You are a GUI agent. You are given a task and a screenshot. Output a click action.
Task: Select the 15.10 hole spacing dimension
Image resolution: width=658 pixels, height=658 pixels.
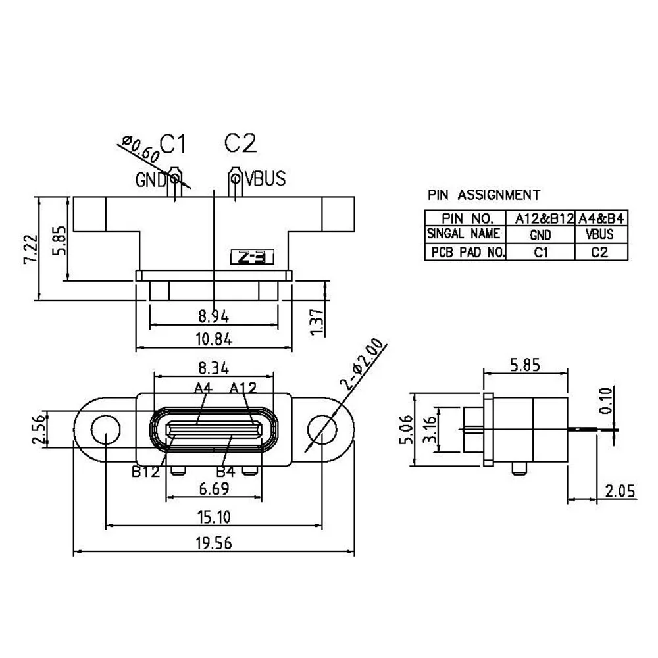click(212, 517)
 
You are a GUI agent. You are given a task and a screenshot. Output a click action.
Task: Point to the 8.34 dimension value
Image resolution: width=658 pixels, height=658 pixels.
click(211, 366)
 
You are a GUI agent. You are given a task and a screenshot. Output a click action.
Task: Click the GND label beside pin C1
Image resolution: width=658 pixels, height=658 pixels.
click(151, 179)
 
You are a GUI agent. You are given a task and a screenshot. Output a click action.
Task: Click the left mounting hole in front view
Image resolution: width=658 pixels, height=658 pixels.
click(104, 429)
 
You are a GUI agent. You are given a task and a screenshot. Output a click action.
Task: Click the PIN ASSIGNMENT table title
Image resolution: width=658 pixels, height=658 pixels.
click(484, 195)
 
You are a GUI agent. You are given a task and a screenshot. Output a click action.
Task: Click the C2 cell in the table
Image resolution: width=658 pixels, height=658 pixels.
click(599, 252)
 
